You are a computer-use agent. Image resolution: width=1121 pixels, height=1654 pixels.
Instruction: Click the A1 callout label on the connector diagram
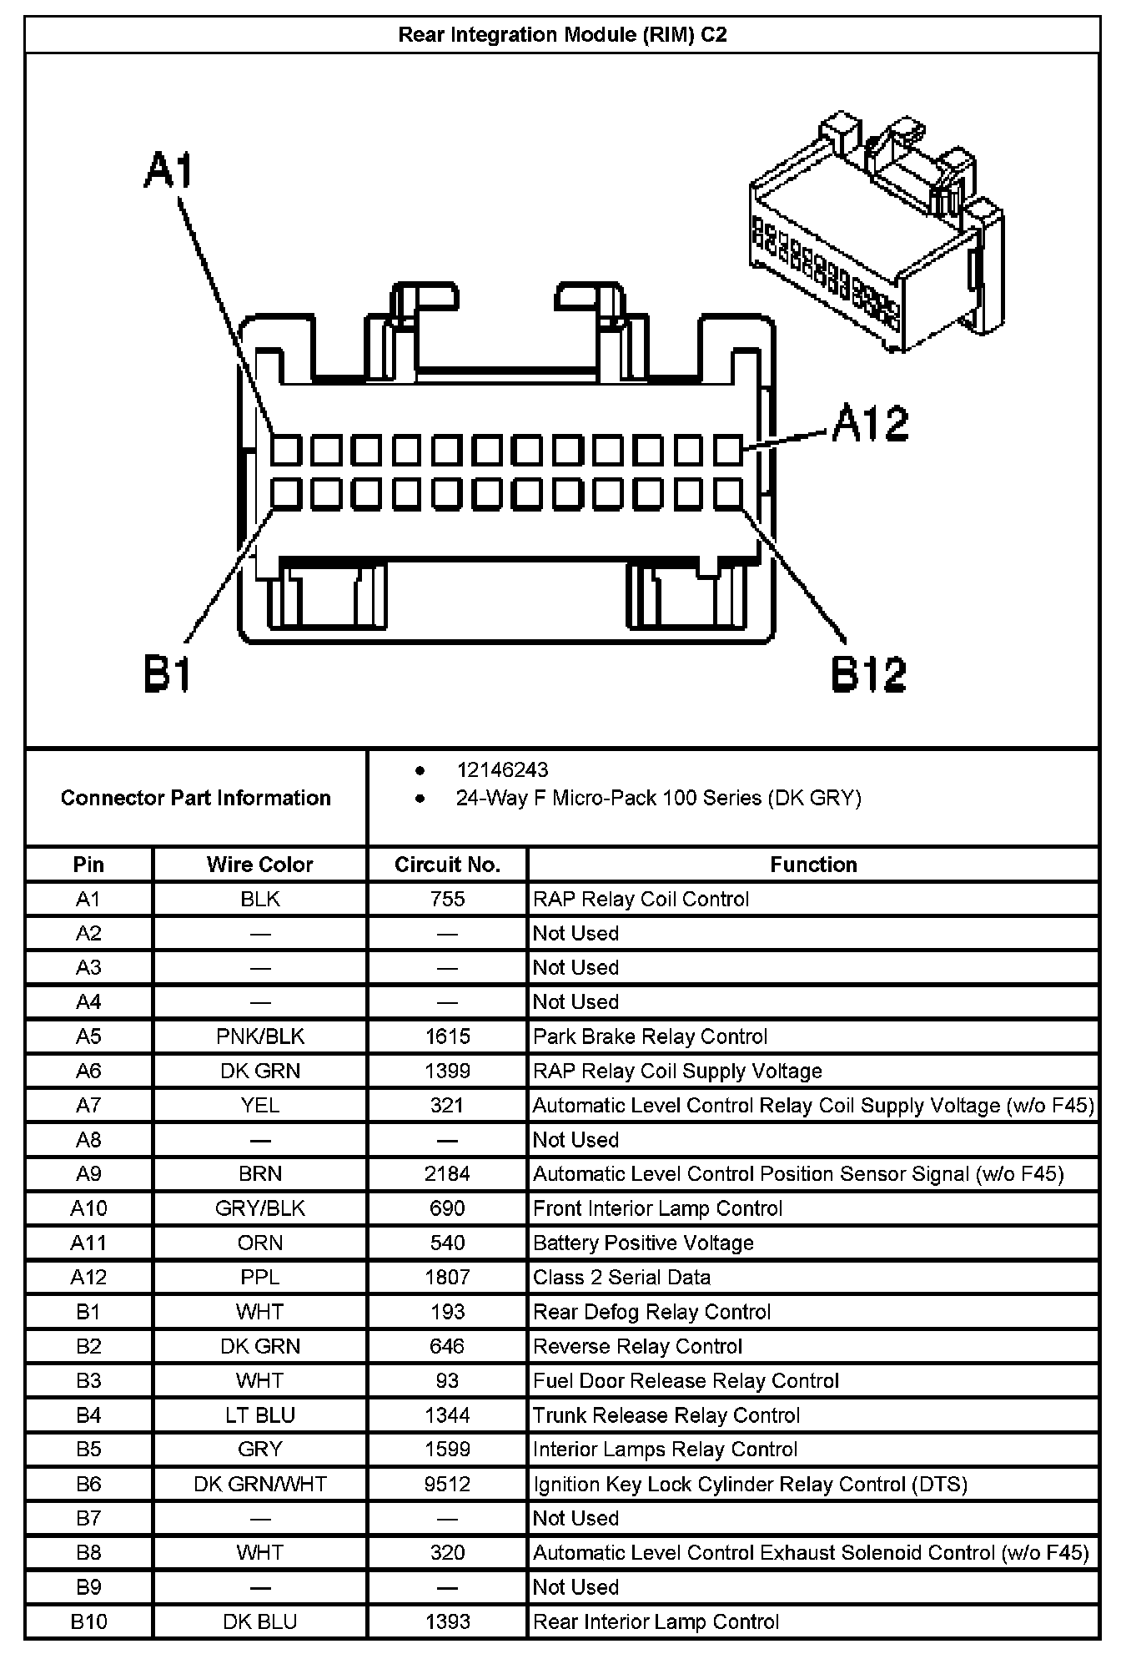[x=168, y=170]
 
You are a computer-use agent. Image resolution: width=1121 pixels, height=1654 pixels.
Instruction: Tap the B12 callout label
[x=868, y=674]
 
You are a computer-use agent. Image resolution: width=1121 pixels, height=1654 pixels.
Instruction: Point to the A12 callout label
[x=870, y=423]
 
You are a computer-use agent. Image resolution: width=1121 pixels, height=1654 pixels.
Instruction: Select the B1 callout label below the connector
[x=168, y=674]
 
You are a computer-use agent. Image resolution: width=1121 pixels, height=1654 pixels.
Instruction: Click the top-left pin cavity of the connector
[x=285, y=451]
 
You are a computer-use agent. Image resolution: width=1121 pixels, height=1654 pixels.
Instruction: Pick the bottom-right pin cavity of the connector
[x=728, y=494]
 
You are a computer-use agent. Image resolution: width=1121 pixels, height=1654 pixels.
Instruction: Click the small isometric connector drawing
[x=876, y=234]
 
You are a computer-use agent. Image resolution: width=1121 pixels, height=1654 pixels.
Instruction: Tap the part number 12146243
[x=502, y=769]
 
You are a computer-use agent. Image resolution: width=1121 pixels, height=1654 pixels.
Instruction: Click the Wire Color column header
[x=259, y=865]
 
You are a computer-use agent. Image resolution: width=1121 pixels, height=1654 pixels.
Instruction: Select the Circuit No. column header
[x=447, y=865]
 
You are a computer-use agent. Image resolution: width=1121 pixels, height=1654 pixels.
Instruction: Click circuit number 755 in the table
[x=447, y=899]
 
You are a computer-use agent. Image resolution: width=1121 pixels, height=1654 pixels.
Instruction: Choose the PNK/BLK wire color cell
[x=259, y=1036]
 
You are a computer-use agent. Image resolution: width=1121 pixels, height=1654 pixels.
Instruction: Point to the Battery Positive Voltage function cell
[x=643, y=1243]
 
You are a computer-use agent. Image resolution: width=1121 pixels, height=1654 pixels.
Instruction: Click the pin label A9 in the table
[x=88, y=1174]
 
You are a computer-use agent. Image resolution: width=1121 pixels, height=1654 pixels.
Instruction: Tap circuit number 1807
[x=447, y=1277]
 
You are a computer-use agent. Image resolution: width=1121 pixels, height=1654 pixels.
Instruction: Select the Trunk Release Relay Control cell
[x=666, y=1415]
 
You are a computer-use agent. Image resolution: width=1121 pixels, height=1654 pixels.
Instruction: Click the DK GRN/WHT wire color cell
[x=259, y=1484]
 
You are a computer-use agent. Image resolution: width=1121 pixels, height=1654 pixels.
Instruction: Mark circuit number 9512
[x=447, y=1484]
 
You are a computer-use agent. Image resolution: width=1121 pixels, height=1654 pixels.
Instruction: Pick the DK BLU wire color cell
[x=259, y=1621]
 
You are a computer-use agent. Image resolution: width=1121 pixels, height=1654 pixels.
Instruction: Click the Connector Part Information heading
[x=195, y=798]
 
